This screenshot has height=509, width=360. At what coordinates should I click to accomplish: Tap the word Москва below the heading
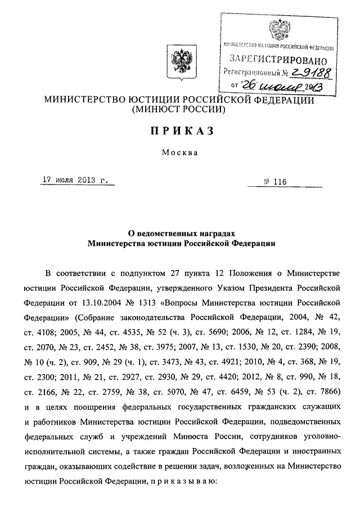click(179, 152)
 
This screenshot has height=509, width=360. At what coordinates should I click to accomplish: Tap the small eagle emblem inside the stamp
click(278, 28)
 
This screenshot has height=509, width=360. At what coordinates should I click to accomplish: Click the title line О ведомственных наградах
click(179, 232)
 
